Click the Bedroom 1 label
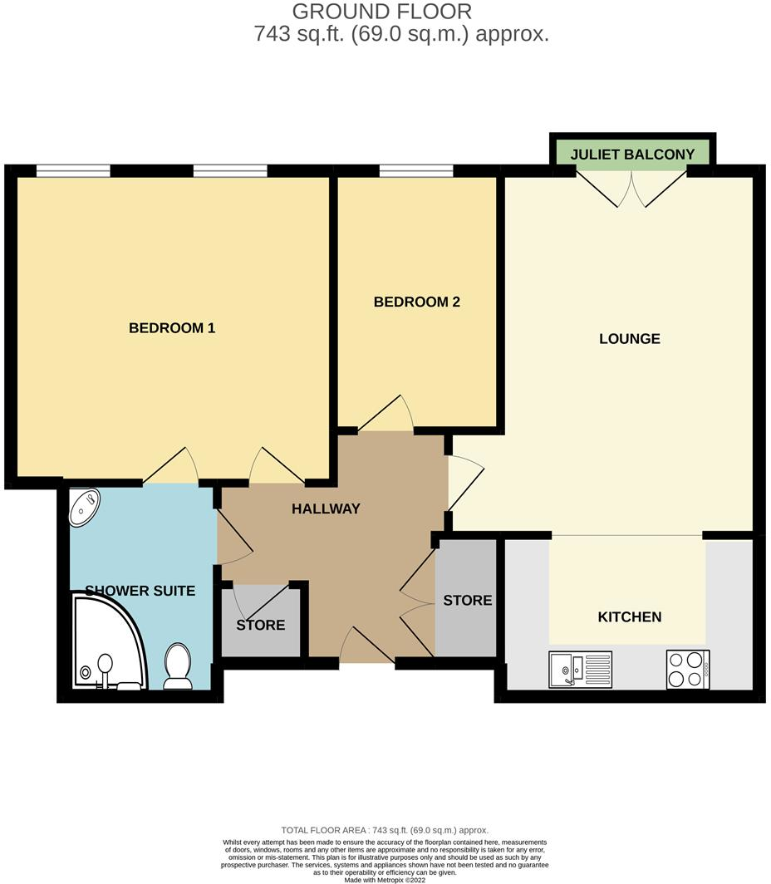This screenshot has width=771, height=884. [x=172, y=328]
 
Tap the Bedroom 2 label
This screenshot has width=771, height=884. [x=416, y=302]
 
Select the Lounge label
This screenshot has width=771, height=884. [x=630, y=339]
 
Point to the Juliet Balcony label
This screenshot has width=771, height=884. [x=632, y=155]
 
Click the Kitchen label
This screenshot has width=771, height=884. [x=630, y=616]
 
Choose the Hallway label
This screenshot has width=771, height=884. [x=326, y=508]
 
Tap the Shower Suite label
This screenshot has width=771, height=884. [x=140, y=591]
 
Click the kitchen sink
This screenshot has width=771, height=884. [x=580, y=669]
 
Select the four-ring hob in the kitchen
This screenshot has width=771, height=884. [x=688, y=669]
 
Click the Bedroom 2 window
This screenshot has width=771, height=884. [x=416, y=171]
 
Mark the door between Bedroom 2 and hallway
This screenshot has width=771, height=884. [x=387, y=415]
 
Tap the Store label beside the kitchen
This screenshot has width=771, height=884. [x=467, y=600]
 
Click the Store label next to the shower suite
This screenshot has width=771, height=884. [x=261, y=625]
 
